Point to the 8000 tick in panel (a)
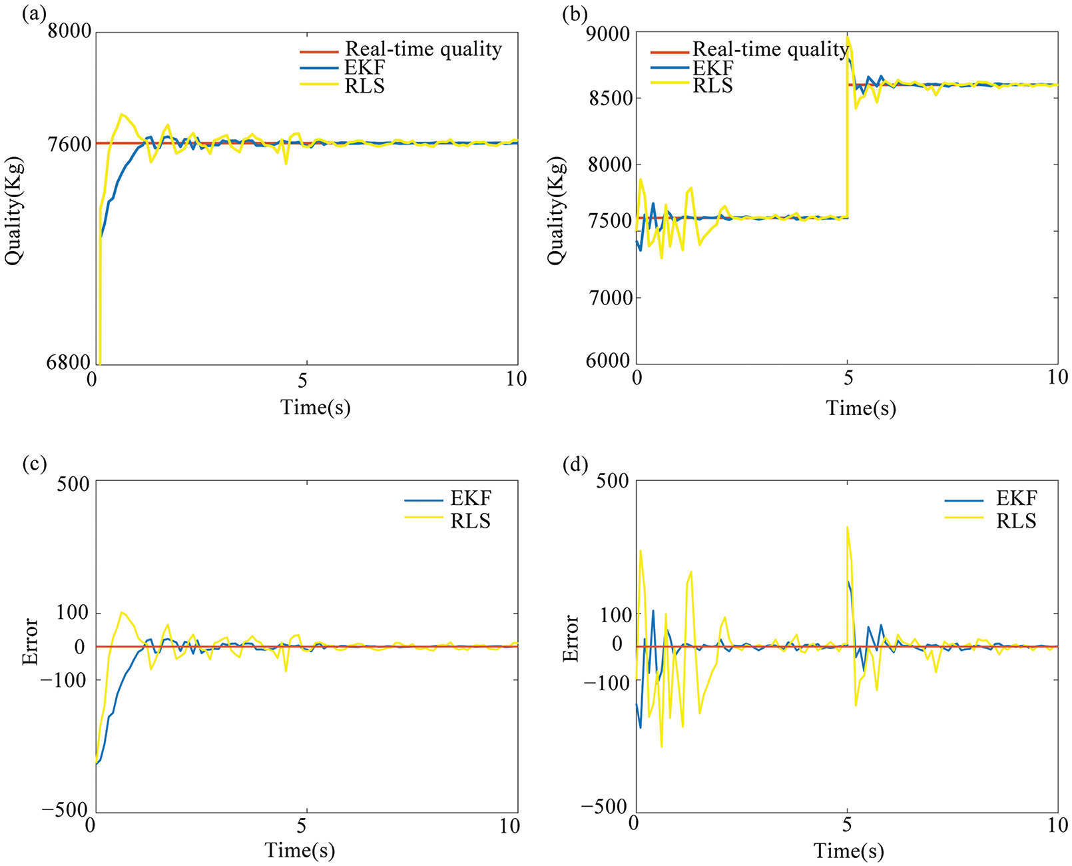coord(70,33)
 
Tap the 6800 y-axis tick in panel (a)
coord(70,362)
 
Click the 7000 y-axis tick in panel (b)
coord(610,297)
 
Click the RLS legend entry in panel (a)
coord(364,86)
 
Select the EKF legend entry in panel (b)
coord(712,68)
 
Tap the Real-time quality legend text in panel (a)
coord(423,49)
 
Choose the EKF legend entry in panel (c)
coord(470,499)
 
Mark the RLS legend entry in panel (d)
coord(1016,521)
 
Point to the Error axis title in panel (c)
coord(30,642)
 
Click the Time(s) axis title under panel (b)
coord(861,408)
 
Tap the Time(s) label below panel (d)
coord(849,851)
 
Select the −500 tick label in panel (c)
coord(65,810)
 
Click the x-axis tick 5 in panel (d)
coord(847,825)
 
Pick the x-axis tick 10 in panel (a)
coord(516,379)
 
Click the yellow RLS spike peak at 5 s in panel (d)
coord(847,527)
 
